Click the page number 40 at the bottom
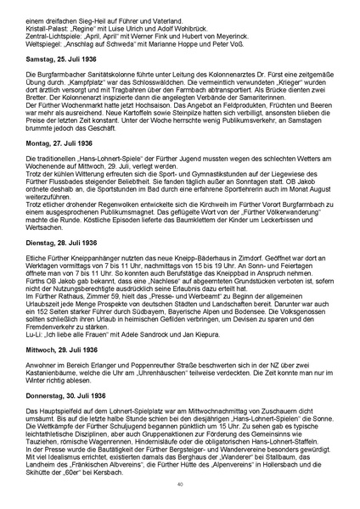180,484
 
